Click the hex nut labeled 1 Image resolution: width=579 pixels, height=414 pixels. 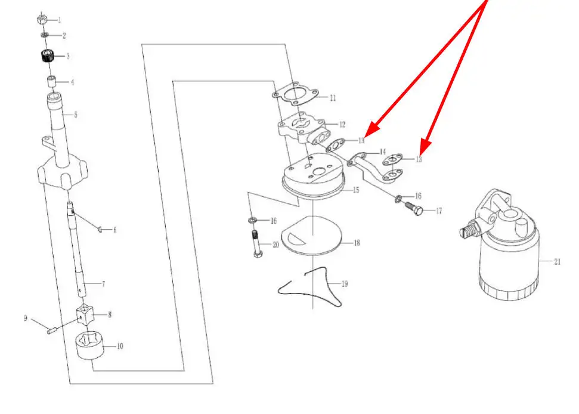pyautogui.click(x=42, y=19)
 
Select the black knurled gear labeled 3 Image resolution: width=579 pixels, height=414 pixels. pyautogui.click(x=48, y=55)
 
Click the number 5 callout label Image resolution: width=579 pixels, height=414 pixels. pyautogui.click(x=76, y=115)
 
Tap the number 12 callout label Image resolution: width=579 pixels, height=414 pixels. pyautogui.click(x=342, y=125)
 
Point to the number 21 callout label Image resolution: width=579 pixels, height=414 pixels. pyautogui.click(x=557, y=261)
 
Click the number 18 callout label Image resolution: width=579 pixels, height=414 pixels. pyautogui.click(x=357, y=243)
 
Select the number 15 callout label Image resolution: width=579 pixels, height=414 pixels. pyautogui.click(x=356, y=190)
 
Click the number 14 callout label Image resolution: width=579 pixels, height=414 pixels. pyautogui.click(x=383, y=152)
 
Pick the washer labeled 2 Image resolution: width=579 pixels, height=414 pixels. pyautogui.click(x=44, y=35)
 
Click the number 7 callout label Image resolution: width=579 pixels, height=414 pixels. pyautogui.click(x=103, y=284)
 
